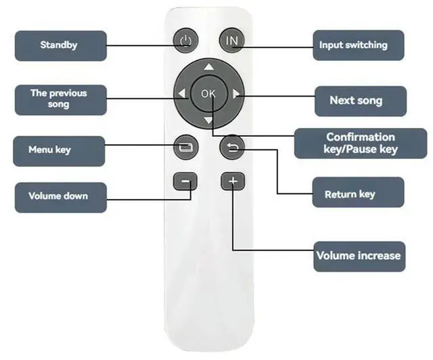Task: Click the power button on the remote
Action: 185,41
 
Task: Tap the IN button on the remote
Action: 231,41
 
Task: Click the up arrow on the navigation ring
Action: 208,67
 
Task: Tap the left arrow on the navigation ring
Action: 181,94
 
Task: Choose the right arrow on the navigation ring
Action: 235,94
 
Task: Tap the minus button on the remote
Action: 185,181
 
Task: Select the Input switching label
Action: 362,45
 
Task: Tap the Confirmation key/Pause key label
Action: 361,143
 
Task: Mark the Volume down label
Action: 60,197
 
